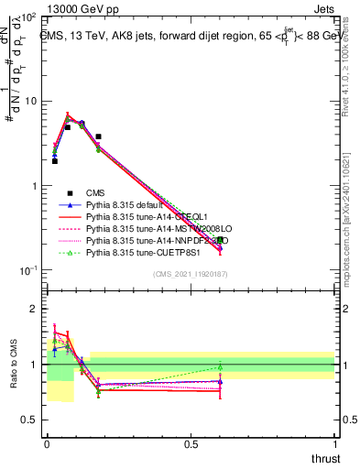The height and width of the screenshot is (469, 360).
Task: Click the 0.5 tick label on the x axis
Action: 191,442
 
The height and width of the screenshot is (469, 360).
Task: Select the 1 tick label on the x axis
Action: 335,442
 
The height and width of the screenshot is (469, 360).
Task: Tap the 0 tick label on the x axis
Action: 47,442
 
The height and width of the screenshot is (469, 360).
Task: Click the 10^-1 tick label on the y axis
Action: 27,271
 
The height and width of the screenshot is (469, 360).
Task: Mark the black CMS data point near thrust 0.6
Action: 220,240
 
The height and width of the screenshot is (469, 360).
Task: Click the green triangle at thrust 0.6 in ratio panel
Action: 220,367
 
